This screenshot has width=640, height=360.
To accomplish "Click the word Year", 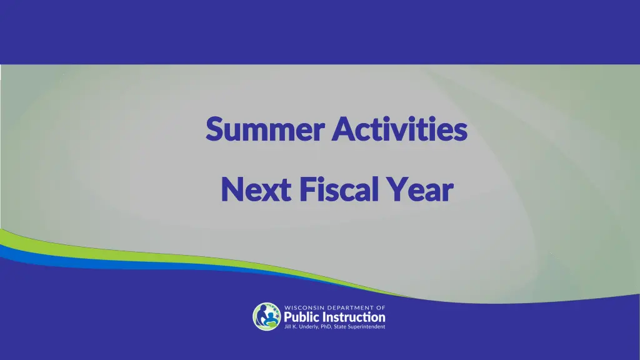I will tap(419, 190).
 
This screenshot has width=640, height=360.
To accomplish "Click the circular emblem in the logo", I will tap(266, 317).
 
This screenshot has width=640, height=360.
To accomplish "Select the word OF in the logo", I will tap(381, 307).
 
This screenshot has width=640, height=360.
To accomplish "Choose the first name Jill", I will tap(289, 326).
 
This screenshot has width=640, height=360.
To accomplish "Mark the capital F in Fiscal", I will tap(306, 190).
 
